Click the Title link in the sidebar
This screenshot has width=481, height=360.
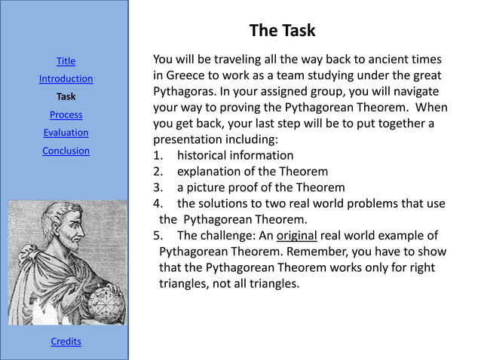click(x=66, y=61)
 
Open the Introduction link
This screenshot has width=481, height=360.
click(x=66, y=79)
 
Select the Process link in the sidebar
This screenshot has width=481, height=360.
click(x=66, y=115)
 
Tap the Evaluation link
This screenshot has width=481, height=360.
click(x=66, y=133)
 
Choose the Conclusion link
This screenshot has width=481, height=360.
click(x=66, y=151)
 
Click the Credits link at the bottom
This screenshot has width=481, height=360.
click(x=66, y=342)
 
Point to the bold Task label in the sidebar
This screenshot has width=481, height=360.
click(x=66, y=97)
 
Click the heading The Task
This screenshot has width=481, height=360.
click(x=282, y=31)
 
